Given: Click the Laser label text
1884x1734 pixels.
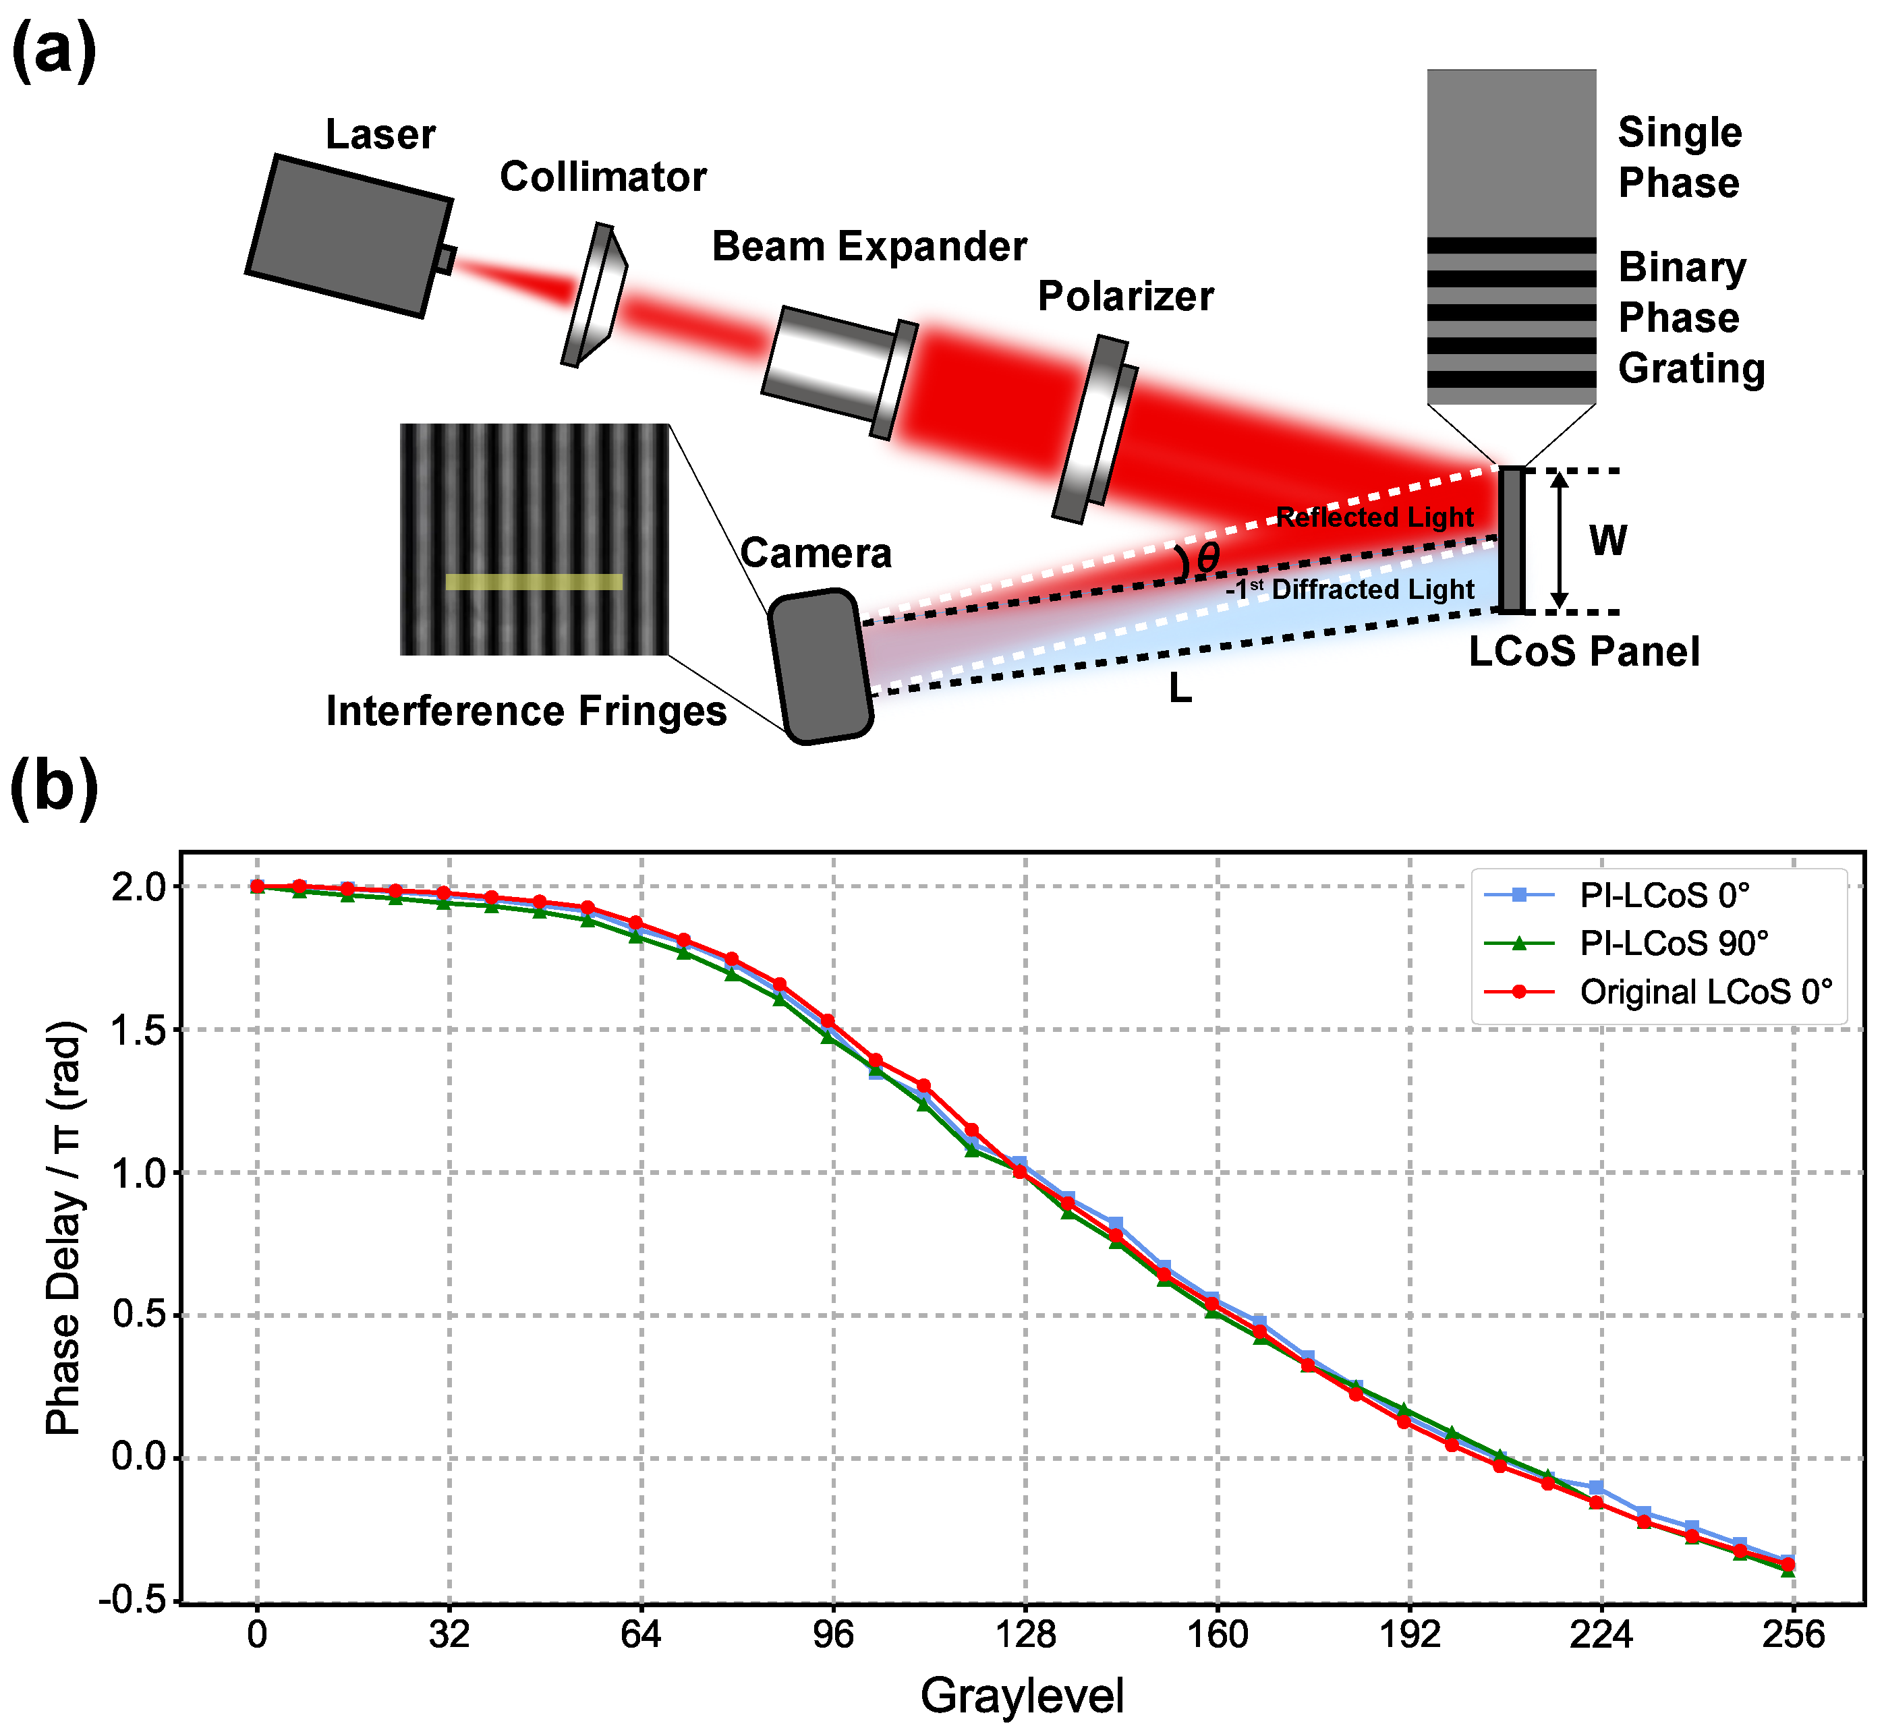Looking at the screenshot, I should click(x=380, y=135).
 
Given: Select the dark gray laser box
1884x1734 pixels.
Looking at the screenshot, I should click(x=348, y=235).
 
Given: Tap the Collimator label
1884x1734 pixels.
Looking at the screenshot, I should click(x=602, y=177).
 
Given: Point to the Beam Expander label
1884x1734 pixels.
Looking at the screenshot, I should click(x=869, y=247).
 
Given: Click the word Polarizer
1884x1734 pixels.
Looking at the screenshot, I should click(x=1125, y=297).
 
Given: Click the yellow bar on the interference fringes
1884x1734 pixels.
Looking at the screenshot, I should click(x=534, y=582).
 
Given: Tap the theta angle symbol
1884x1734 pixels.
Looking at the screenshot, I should click(x=1207, y=559).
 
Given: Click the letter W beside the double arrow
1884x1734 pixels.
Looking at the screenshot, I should click(x=1607, y=542).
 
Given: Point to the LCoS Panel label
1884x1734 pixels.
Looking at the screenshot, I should click(x=1584, y=652).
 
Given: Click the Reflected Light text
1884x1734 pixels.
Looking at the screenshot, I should click(x=1375, y=518).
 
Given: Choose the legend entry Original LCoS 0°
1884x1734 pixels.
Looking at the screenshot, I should click(x=1705, y=992).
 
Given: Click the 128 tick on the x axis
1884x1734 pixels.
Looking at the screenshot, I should click(x=1025, y=1636).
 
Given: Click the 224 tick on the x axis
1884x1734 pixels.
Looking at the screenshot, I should click(x=1601, y=1636).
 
